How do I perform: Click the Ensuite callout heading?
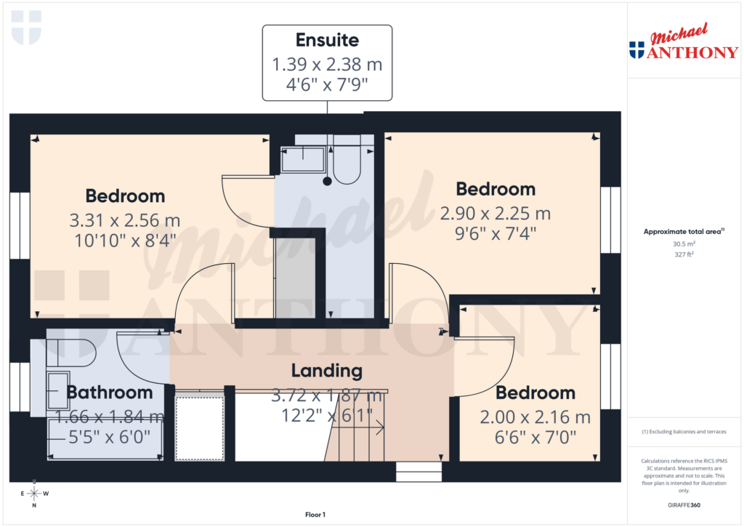(x=327, y=40)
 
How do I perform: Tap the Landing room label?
(x=326, y=371)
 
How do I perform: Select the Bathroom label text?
(x=110, y=393)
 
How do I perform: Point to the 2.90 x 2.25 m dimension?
(x=496, y=214)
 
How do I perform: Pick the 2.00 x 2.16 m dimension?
(x=535, y=418)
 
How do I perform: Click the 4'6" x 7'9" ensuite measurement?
(x=327, y=86)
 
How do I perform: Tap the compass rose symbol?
(x=34, y=494)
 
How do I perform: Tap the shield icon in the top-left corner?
(x=26, y=28)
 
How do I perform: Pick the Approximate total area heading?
(x=684, y=232)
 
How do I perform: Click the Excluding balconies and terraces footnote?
(x=684, y=432)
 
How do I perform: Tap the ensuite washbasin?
(x=303, y=158)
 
